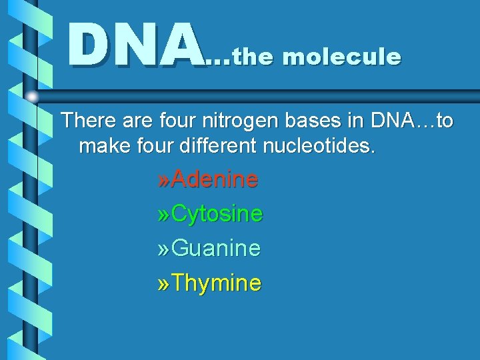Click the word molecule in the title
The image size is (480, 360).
pos(342,57)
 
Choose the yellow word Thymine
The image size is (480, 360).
pos(217,283)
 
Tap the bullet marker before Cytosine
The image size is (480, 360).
pos(163,215)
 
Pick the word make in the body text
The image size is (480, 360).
pos(101,145)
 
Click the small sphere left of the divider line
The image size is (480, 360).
pos(31,96)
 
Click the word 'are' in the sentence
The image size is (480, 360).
pos(134,121)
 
